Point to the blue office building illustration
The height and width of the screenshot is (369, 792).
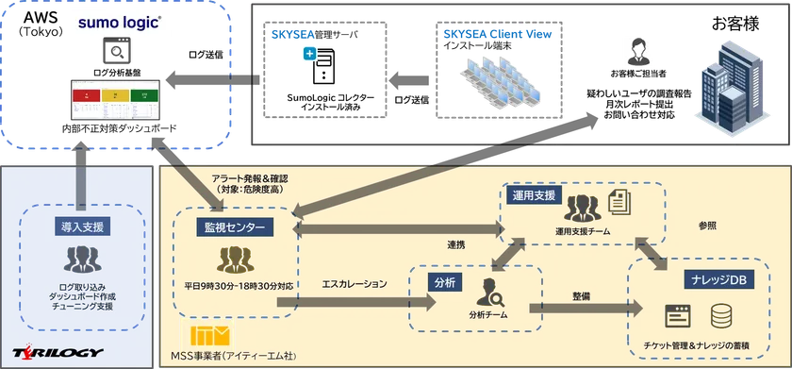tap(732, 86)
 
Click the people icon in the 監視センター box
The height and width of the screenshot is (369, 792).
tap(234, 259)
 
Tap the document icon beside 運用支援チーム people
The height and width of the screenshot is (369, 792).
tap(619, 202)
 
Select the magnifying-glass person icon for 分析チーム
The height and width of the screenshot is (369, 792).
tap(491, 292)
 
